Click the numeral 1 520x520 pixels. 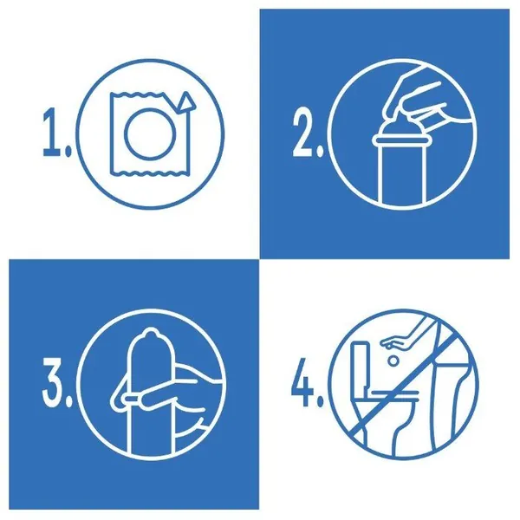click(51, 132)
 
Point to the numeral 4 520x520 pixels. click(302, 381)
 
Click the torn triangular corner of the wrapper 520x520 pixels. click(185, 101)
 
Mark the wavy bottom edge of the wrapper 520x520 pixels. click(150, 172)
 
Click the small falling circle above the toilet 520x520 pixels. click(393, 361)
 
